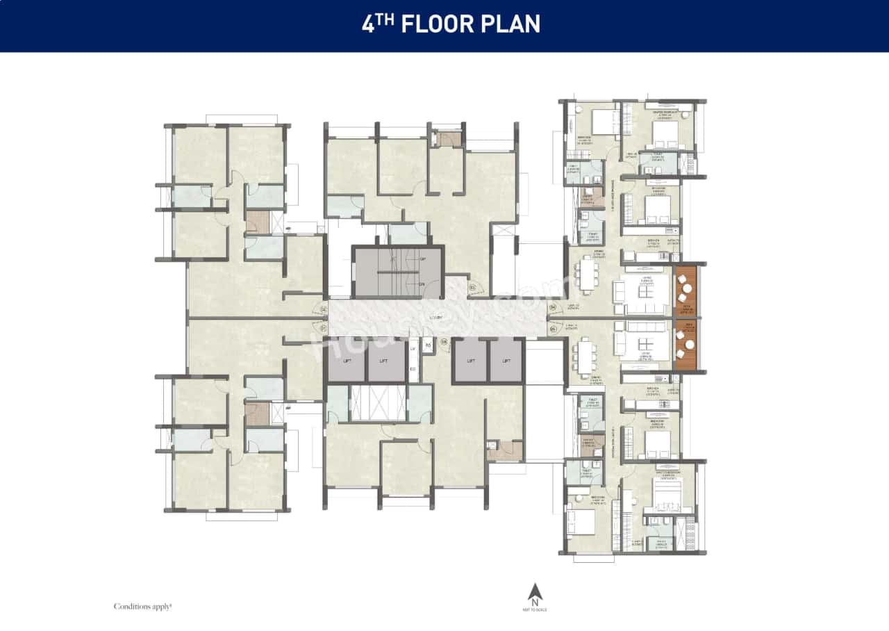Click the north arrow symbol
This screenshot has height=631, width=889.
pyautogui.click(x=535, y=592)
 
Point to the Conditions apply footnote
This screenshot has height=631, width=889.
pyautogui.click(x=142, y=607)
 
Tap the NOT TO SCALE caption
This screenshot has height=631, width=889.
pyautogui.click(x=535, y=608)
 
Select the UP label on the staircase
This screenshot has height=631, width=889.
pyautogui.click(x=421, y=259)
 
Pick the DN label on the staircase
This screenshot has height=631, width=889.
pyautogui.click(x=421, y=284)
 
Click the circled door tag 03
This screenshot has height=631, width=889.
pyautogui.click(x=472, y=287)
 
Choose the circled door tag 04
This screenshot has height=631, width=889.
pyautogui.click(x=554, y=306)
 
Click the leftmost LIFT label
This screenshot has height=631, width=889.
pyautogui.click(x=347, y=361)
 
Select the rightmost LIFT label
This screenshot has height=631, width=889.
pyautogui.click(x=506, y=361)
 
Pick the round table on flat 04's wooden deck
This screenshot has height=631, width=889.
pyautogui.click(x=686, y=288)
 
